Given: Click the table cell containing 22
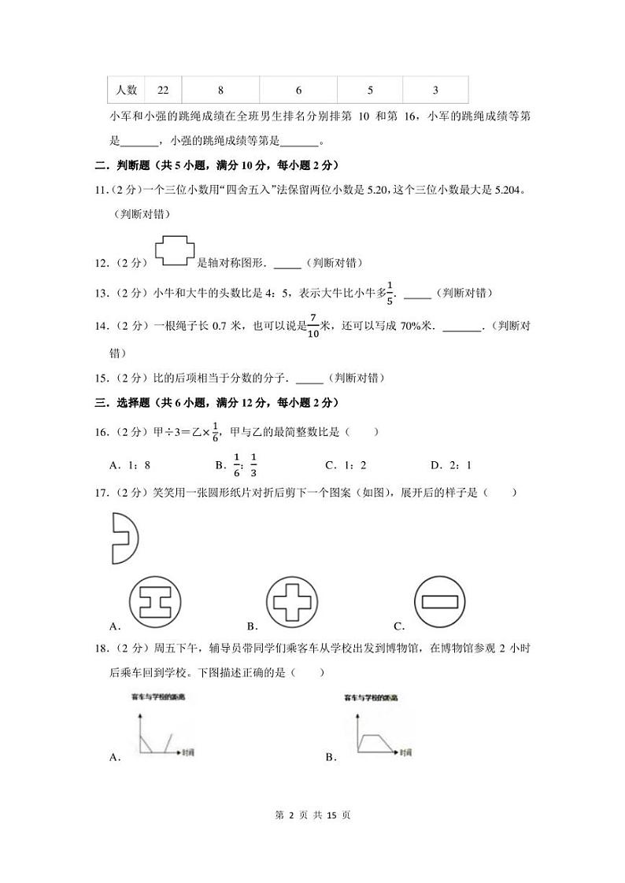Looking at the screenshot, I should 163,91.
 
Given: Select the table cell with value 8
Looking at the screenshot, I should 220,91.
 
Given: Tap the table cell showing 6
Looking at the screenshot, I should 299,91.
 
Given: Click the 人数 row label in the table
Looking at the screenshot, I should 126,91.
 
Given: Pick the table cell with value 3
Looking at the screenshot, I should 435,91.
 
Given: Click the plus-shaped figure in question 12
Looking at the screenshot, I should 175,250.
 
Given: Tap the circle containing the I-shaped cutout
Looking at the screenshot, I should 156,604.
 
